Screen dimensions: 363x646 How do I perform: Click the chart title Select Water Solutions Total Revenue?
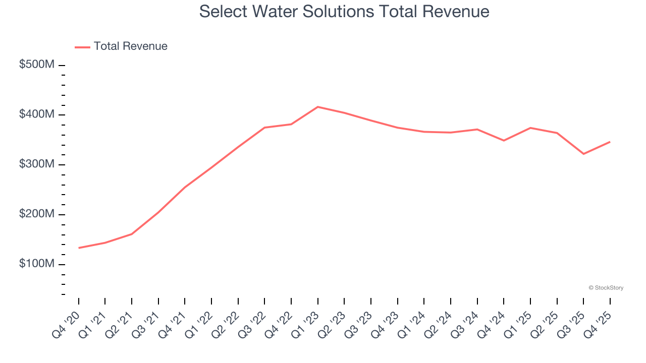pyautogui.click(x=344, y=11)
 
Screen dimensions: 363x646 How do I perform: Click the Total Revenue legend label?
pyautogui.click(x=130, y=46)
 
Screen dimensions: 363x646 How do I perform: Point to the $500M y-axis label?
pyautogui.click(x=37, y=65)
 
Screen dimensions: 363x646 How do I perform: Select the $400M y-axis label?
pyautogui.click(x=37, y=115)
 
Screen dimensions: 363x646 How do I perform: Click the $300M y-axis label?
pyautogui.click(x=37, y=165)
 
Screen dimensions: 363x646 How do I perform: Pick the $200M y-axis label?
pyautogui.click(x=37, y=214)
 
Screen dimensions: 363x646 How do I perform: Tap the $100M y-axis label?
pyautogui.click(x=37, y=264)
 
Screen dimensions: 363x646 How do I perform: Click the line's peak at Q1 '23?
pyautogui.click(x=318, y=107)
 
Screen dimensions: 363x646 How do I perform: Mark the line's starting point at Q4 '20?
pyautogui.click(x=79, y=248)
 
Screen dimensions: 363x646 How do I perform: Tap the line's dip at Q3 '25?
pyautogui.click(x=583, y=154)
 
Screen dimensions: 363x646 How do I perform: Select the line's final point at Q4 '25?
pyautogui.click(x=610, y=142)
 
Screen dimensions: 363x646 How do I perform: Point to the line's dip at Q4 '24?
pyautogui.click(x=504, y=140)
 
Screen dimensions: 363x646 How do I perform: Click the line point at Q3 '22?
pyautogui.click(x=264, y=128)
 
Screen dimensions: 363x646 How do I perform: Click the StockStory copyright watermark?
pyautogui.click(x=606, y=288)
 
